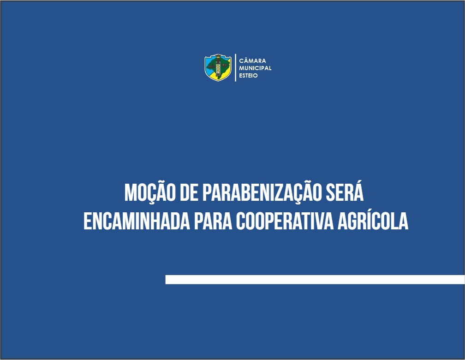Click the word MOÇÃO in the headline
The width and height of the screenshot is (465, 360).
150,192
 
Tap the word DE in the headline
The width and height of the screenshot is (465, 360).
189,192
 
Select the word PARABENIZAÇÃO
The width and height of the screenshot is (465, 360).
262,192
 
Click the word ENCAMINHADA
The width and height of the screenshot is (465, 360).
137,221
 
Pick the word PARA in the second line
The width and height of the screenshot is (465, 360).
213,221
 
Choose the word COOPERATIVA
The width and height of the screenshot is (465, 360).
285,221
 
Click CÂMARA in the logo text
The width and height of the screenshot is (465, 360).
252,60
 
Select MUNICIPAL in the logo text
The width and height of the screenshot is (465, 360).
255,68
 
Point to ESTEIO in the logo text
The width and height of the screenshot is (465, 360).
248,75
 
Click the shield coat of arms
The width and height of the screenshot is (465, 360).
218,67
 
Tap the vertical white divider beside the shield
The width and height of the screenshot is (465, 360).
235,67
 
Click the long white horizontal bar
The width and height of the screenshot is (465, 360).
315,280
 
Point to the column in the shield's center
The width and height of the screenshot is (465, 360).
218,66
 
